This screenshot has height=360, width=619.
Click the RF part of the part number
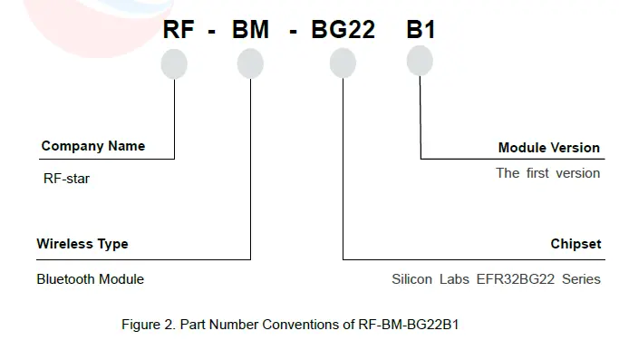coord(178,30)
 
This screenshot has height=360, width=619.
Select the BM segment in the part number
coord(250,30)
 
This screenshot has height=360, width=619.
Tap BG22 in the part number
coord(343,30)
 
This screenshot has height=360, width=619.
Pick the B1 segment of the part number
coord(421,30)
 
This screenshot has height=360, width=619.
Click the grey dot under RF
coord(174,63)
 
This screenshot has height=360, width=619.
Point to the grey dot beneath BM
coord(250,63)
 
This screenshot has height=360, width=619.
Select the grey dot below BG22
coord(343,63)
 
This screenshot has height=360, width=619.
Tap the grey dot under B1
coord(420,61)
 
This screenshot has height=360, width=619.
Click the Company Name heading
coord(93,146)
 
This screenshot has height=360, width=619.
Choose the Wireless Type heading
coord(82,244)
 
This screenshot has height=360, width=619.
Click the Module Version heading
coord(548,147)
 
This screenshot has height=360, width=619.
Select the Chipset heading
coord(575,244)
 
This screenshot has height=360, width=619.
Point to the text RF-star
coord(67,179)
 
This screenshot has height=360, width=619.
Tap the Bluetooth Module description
coord(91,279)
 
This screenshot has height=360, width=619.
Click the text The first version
coord(547,173)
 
